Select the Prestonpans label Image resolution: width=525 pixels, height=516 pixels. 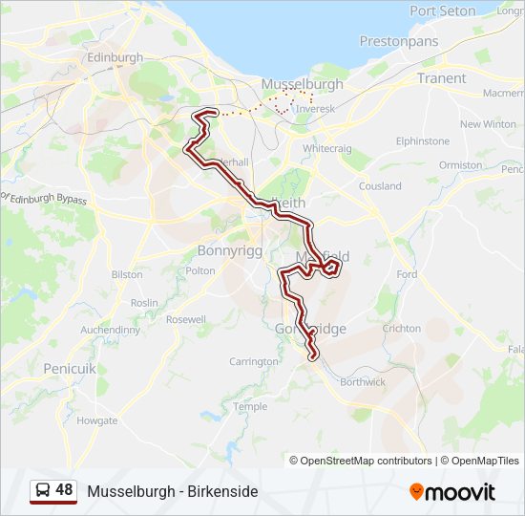(x=399, y=42)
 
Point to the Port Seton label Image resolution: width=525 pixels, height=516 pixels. (x=442, y=11)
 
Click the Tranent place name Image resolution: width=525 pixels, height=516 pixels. (x=442, y=78)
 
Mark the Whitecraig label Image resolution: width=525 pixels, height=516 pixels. (x=326, y=149)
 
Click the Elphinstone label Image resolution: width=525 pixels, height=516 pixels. (x=423, y=141)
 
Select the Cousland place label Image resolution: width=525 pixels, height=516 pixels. (x=380, y=186)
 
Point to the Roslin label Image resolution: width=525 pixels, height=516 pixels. (x=144, y=303)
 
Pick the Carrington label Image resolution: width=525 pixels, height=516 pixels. (x=254, y=362)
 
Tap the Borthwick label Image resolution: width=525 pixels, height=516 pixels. (x=363, y=382)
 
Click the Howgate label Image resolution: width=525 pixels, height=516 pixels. (x=97, y=420)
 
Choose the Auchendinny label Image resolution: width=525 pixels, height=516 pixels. (x=110, y=330)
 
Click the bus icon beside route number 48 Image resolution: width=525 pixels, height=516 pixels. (x=43, y=491)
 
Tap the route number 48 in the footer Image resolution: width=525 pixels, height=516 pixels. (x=64, y=490)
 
